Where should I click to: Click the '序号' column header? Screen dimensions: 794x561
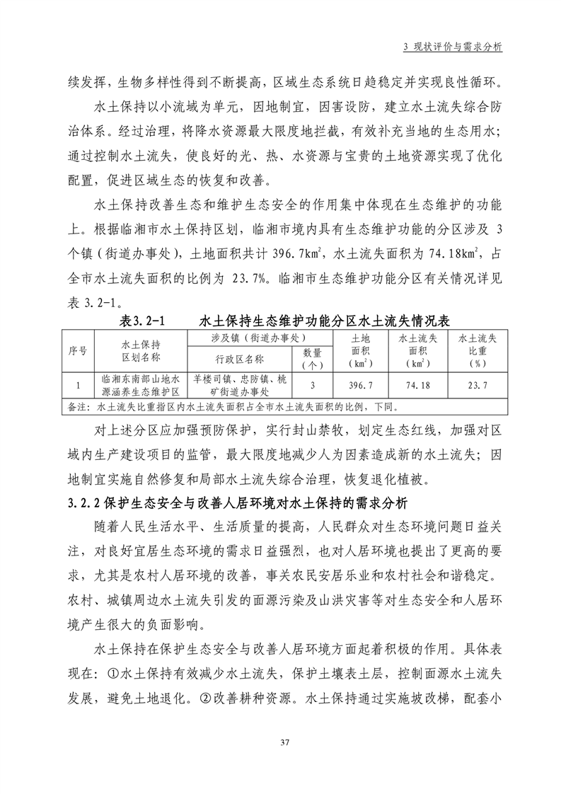click(77, 351)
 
